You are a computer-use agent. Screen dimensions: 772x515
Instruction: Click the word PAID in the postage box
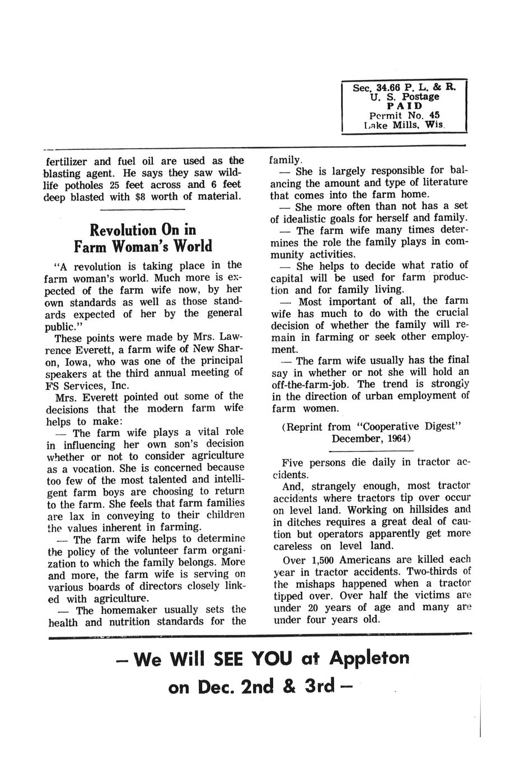tap(404, 106)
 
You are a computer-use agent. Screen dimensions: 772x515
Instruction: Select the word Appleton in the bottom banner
tap(369, 658)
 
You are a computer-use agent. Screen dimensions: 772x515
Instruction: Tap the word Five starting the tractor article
tap(293, 463)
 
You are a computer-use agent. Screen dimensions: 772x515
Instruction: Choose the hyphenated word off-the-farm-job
tap(311, 384)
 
